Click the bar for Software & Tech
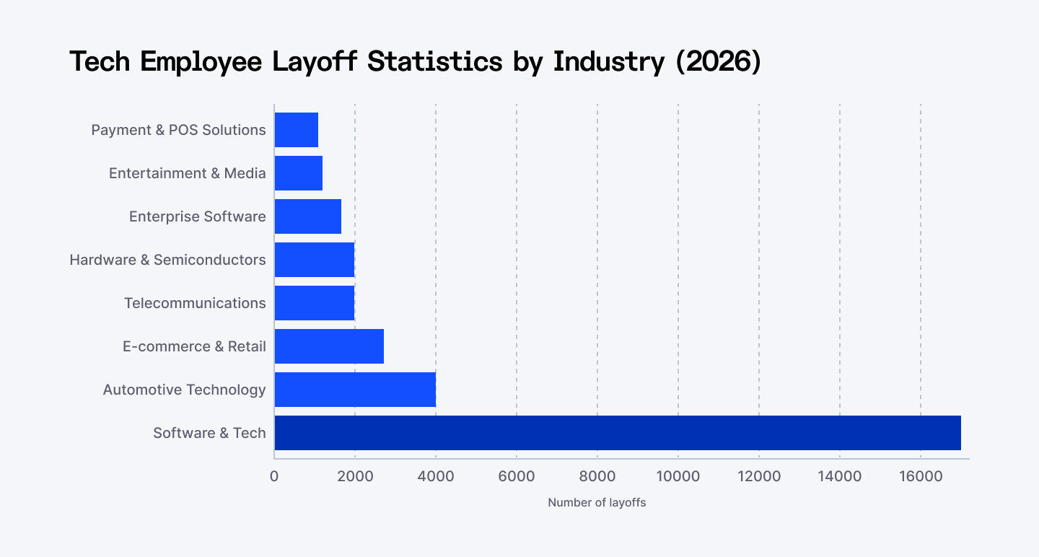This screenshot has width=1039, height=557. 618,433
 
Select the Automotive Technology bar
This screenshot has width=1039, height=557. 355,390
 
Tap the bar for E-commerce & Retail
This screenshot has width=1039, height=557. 329,346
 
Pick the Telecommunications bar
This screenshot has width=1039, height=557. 315,303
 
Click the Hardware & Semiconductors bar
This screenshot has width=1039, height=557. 315,260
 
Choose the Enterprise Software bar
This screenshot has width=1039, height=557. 308,216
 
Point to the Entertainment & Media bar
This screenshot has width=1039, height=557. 299,173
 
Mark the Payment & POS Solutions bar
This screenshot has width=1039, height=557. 297,130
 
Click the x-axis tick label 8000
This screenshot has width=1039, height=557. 597,477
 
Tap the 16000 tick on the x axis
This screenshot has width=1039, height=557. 921,477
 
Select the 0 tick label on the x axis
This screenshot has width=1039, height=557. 274,477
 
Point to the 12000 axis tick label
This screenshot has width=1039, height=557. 759,477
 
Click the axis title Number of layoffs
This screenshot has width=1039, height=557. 597,503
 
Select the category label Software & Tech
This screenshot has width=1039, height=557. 209,433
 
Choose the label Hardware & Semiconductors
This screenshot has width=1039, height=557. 167,260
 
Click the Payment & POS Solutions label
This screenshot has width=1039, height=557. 178,130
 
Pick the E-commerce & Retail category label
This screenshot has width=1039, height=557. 194,346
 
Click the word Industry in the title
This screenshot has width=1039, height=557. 608,62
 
